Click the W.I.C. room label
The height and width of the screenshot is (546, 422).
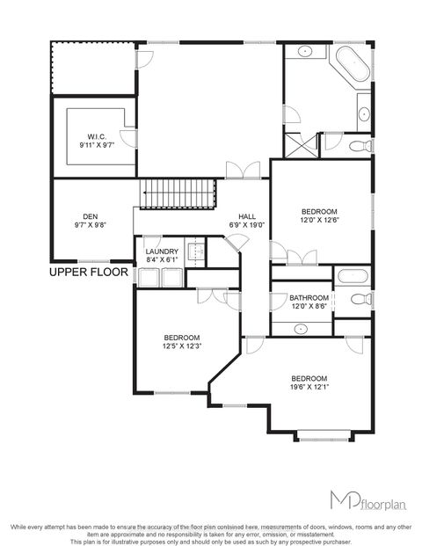96,136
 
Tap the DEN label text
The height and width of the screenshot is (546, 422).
90,216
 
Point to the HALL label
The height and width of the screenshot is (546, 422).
246,216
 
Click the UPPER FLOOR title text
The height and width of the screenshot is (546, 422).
89,273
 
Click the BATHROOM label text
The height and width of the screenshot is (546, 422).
309,298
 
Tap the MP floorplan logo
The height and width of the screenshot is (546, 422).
360,500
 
